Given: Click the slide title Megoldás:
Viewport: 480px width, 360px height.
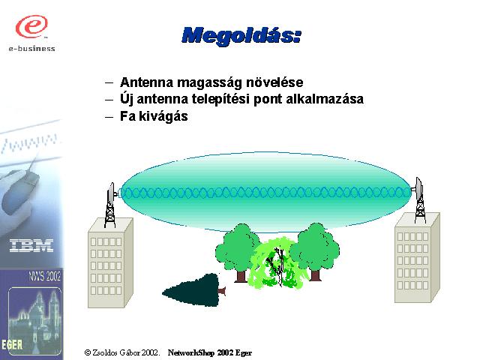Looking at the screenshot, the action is (241, 35).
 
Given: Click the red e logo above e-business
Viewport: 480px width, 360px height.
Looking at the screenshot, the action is (31, 26).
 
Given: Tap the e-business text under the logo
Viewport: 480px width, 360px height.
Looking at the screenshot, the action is (31, 49).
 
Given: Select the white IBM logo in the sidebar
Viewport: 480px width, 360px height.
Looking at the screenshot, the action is (31, 246).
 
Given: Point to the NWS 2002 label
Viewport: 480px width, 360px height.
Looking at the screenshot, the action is (45, 276).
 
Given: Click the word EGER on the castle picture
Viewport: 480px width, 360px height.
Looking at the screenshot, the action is (12, 344).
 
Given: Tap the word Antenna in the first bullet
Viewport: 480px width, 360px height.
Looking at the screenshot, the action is (147, 82).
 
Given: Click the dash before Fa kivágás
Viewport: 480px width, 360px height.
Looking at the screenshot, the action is (109, 117).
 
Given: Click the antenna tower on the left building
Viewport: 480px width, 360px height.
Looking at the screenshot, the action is (110, 205).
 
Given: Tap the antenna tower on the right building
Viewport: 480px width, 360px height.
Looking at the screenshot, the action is (419, 199).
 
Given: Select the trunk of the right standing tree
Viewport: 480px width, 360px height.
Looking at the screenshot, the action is (315, 275).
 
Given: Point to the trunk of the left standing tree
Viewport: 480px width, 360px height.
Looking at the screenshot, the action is (241, 276).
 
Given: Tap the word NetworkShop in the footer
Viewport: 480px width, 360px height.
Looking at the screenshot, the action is (191, 352).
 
